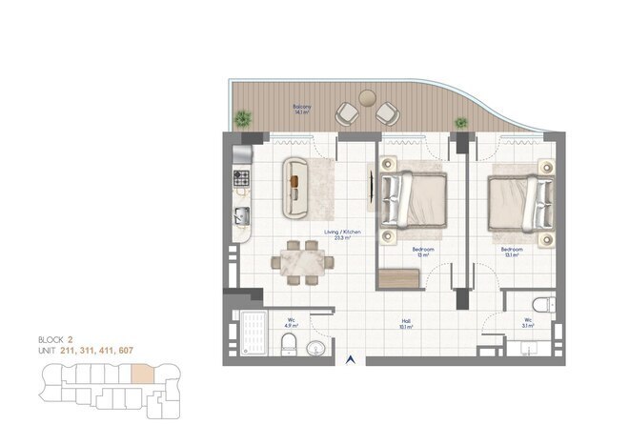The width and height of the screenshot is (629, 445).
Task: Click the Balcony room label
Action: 301,109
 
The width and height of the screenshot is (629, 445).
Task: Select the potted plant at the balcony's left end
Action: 243,119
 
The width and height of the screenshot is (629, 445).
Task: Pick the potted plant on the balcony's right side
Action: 461,123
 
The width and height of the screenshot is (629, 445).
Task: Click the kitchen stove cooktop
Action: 241,177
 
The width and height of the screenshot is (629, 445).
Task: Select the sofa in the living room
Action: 296,184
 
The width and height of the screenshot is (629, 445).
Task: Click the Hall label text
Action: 406,322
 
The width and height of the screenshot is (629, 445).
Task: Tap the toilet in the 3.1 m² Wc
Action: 541,308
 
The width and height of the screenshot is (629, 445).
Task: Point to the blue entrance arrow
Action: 352,359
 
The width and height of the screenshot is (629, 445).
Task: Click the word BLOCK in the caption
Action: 51,339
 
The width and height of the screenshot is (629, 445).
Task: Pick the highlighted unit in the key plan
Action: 141,374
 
